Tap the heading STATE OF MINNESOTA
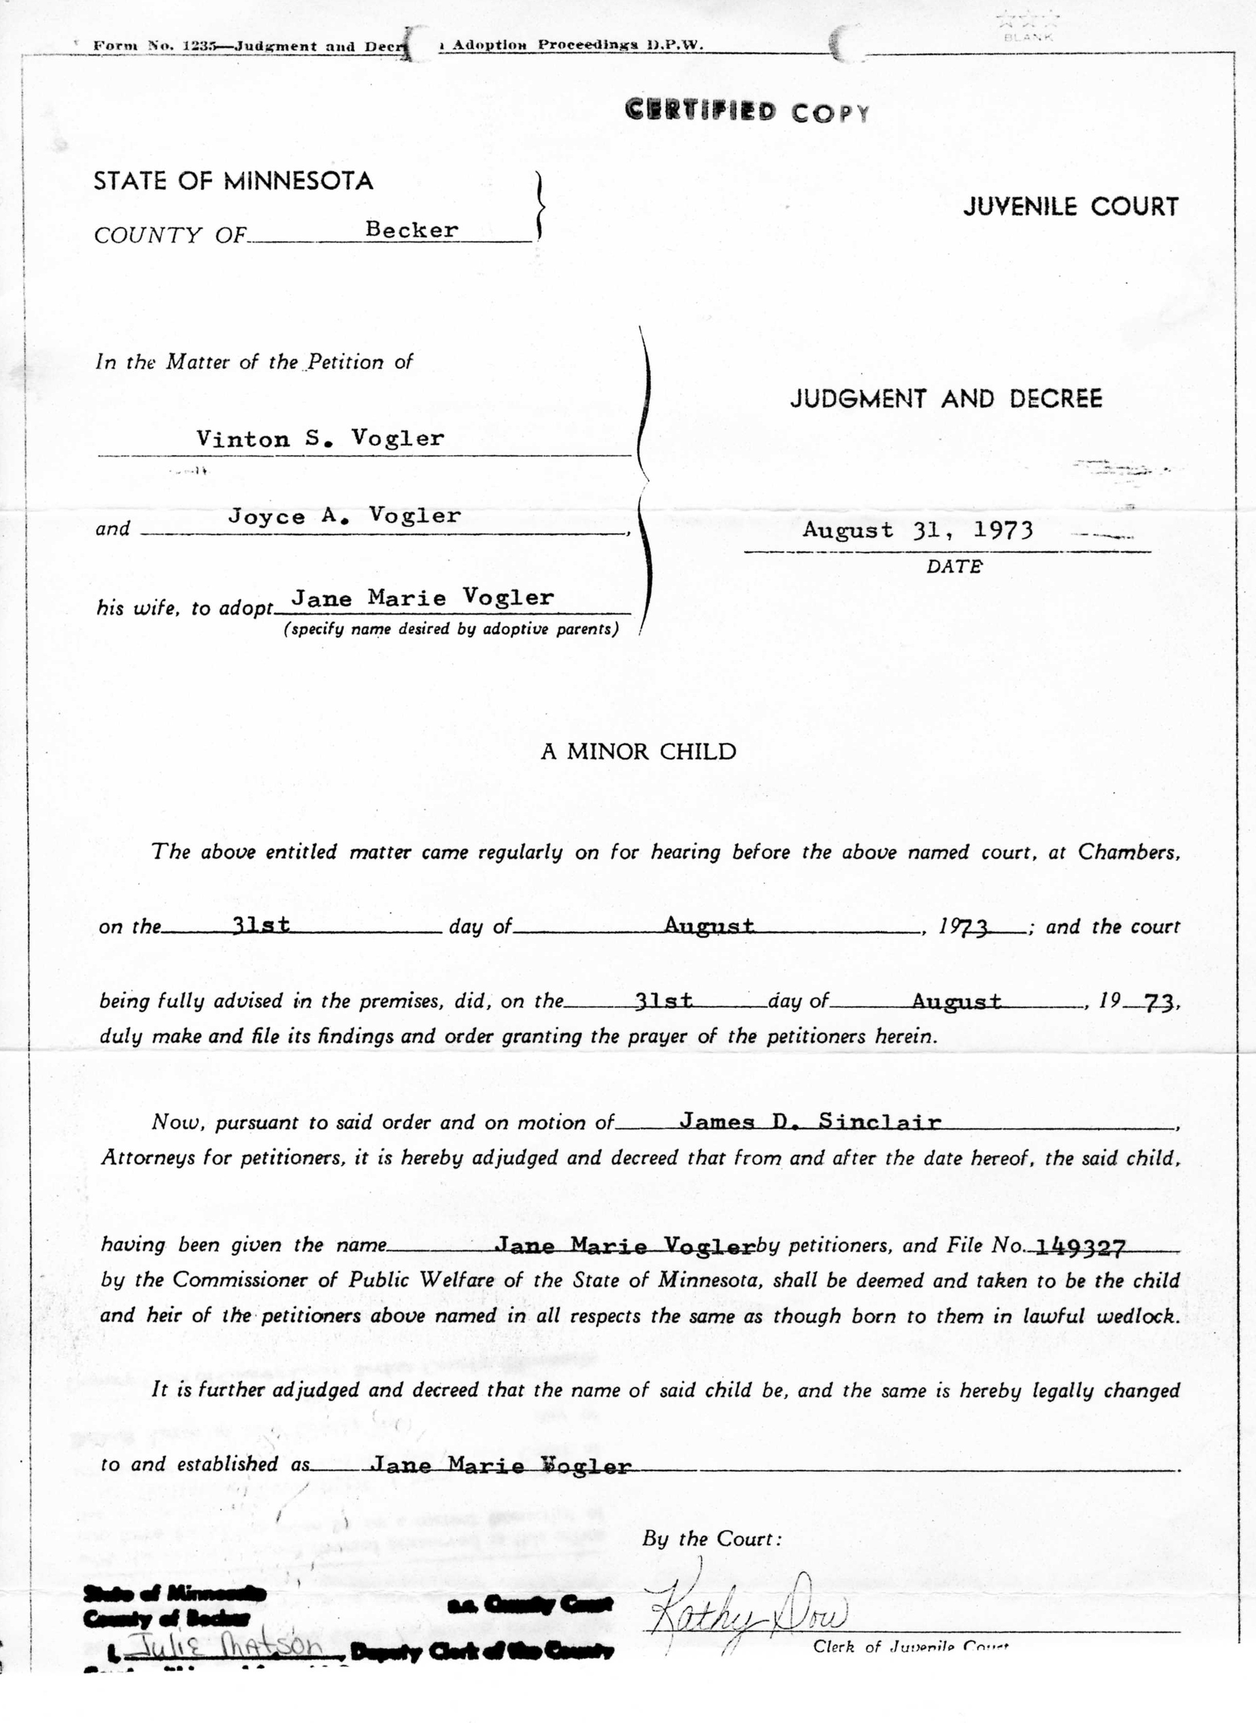pyautogui.click(x=233, y=181)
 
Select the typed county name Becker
pyautogui.click(x=411, y=230)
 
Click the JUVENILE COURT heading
pyautogui.click(x=1071, y=206)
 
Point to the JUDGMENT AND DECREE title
pyautogui.click(x=946, y=398)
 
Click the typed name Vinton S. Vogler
pyautogui.click(x=320, y=438)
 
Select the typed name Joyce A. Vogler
pyautogui.click(x=344, y=516)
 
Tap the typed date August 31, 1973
pyautogui.click(x=917, y=529)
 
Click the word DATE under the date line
pyautogui.click(x=954, y=566)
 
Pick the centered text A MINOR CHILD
pyautogui.click(x=639, y=751)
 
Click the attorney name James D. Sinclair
pyautogui.click(x=810, y=1121)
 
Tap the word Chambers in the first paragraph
pyautogui.click(x=1128, y=852)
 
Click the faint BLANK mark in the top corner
pyautogui.click(x=1027, y=36)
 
